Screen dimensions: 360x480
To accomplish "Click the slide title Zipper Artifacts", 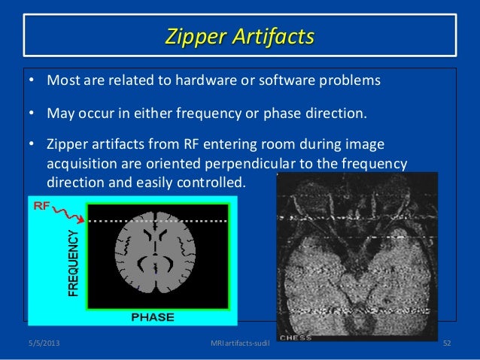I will pos(240,36).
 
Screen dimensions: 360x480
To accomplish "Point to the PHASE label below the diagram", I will pos(153,316).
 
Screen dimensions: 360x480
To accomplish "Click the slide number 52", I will pos(448,344).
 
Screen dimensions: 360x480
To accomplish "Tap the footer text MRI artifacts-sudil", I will pos(240,344).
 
